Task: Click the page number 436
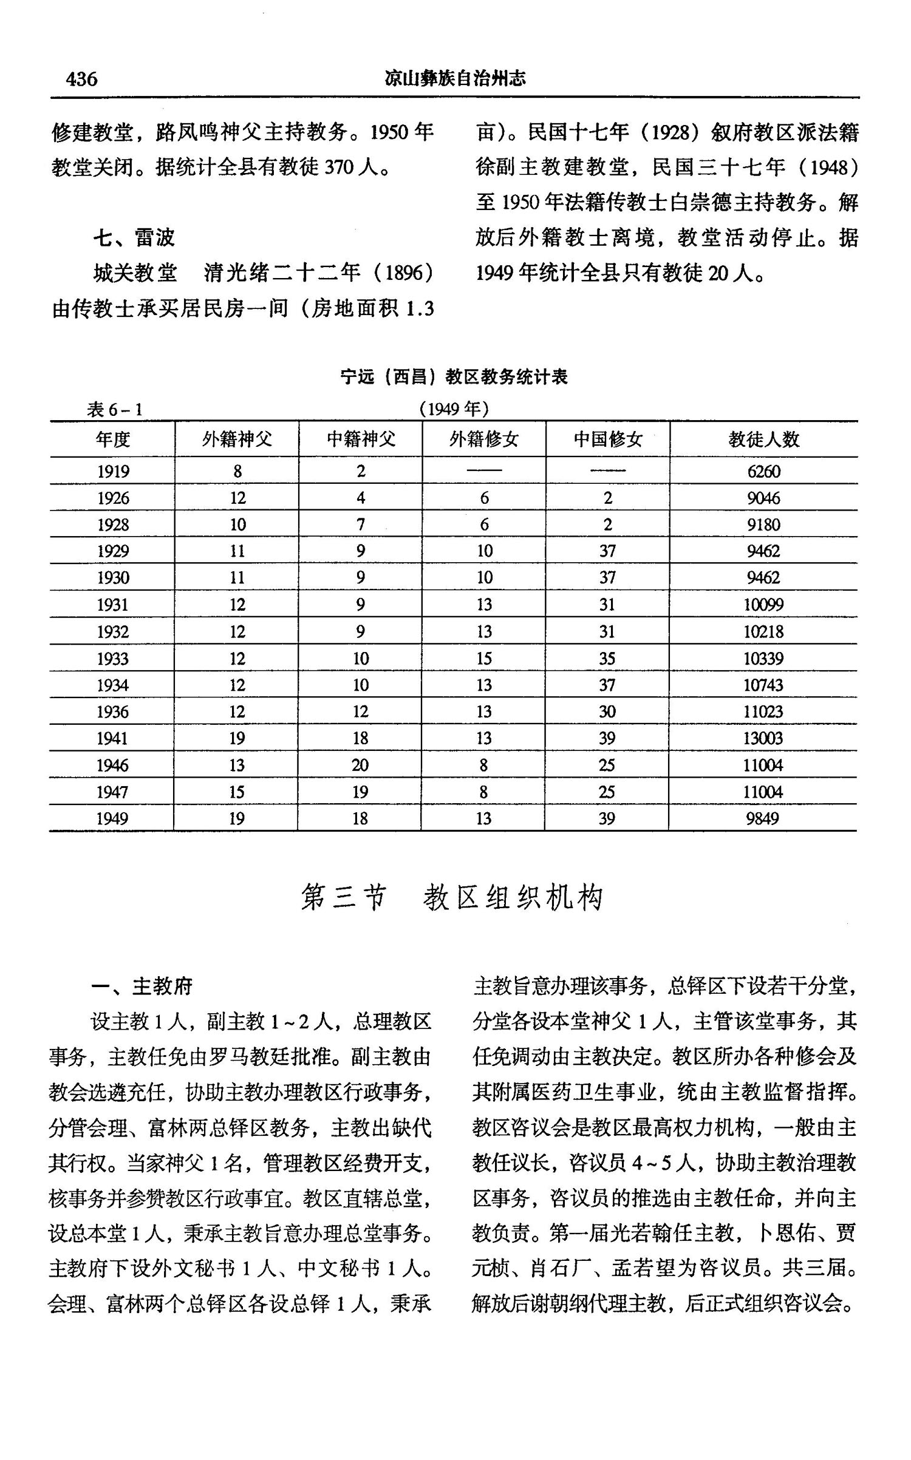pyautogui.click(x=81, y=79)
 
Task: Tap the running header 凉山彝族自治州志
pyautogui.click(x=455, y=78)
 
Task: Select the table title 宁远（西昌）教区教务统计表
pyautogui.click(x=454, y=377)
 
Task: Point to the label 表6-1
pyautogui.click(x=115, y=410)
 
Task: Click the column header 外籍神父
pyautogui.click(x=237, y=439)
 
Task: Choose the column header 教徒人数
pyautogui.click(x=763, y=439)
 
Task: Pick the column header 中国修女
pyautogui.click(x=607, y=439)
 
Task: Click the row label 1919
pyautogui.click(x=113, y=471)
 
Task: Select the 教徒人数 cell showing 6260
pyautogui.click(x=763, y=471)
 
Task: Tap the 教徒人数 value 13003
pyautogui.click(x=763, y=738)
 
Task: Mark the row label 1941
pyautogui.click(x=113, y=738)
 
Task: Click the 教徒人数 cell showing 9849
pyautogui.click(x=763, y=818)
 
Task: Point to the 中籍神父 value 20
pyautogui.click(x=360, y=765)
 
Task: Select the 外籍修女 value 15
pyautogui.click(x=484, y=659)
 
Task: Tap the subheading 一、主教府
pyautogui.click(x=142, y=986)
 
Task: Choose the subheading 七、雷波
pyautogui.click(x=134, y=237)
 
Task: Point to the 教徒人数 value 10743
pyautogui.click(x=763, y=685)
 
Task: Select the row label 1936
pyautogui.click(x=113, y=711)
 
